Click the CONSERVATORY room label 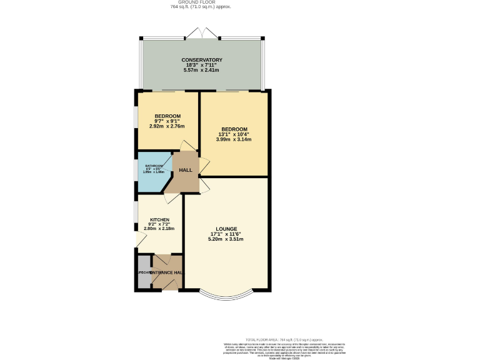[x=202, y=60]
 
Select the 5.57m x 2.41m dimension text [x=202, y=70]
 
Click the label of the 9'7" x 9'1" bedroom [x=167, y=116]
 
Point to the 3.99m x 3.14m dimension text [x=234, y=139]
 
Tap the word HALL [x=186, y=170]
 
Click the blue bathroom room [x=151, y=172]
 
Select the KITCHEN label [x=159, y=219]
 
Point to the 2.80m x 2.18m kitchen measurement [x=159, y=229]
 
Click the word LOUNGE [x=226, y=229]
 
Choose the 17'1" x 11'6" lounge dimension [x=226, y=234]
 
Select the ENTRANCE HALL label [x=167, y=273]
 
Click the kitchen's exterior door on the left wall [x=138, y=241]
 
